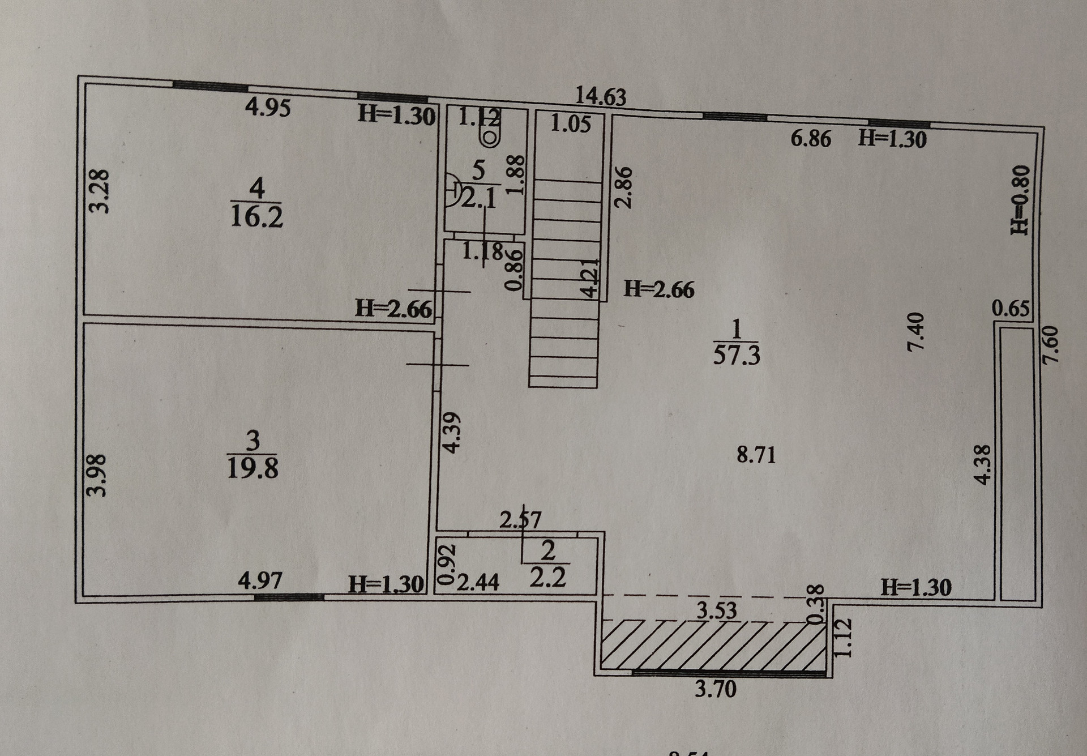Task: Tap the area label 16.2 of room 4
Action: click(x=256, y=217)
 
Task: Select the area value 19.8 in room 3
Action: click(x=253, y=468)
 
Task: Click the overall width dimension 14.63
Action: click(x=601, y=96)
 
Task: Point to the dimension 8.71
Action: click(x=756, y=455)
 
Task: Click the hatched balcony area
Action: click(x=712, y=645)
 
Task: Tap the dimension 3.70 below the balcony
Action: click(x=716, y=689)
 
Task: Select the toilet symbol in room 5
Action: click(x=489, y=135)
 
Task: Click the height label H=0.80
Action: click(x=1019, y=200)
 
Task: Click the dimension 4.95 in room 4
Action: click(x=268, y=107)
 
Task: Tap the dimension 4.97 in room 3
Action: click(x=260, y=581)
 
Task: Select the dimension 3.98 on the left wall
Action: click(x=99, y=475)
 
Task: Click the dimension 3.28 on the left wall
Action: click(x=100, y=190)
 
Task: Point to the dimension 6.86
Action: click(x=811, y=139)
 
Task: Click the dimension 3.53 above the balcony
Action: click(x=716, y=610)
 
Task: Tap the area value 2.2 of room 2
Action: click(x=547, y=579)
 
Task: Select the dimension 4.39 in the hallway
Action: click(x=452, y=432)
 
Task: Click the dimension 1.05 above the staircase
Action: click(x=570, y=124)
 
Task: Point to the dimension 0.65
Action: click(x=1011, y=309)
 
